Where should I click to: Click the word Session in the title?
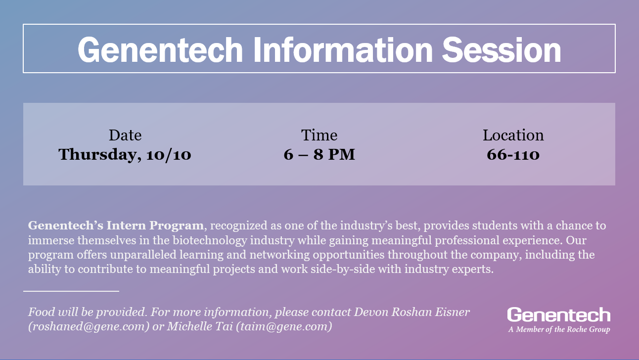[x=502, y=50]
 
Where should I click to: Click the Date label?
[x=125, y=135]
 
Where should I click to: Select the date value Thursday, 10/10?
[x=125, y=155]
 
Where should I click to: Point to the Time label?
[x=319, y=135]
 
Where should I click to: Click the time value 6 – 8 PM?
[x=319, y=154]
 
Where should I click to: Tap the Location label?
[x=513, y=135]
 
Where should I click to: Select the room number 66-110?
[x=513, y=154]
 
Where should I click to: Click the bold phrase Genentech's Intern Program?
[x=116, y=225]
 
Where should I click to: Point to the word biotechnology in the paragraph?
[x=210, y=240]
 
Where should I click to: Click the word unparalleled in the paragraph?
[x=143, y=255]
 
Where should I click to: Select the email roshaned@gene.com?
[x=89, y=327]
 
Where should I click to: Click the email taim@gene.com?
[x=284, y=327]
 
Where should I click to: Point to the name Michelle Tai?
[x=200, y=326]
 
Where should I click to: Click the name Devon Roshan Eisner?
[x=411, y=312]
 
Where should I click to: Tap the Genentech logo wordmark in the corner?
[x=558, y=315]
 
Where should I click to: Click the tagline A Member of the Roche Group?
[x=559, y=329]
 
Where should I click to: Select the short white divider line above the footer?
[x=71, y=291]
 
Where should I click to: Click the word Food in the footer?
[x=42, y=312]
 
